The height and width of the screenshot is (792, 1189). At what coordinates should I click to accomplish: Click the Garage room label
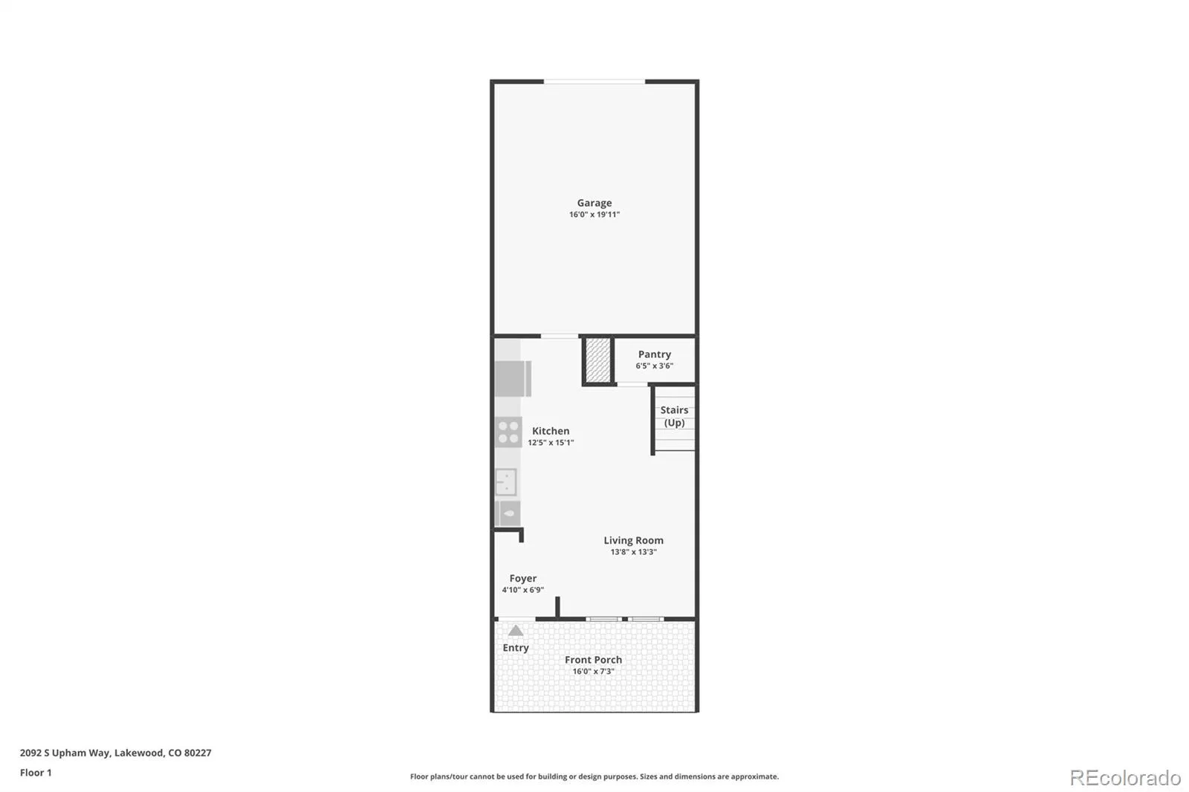click(x=594, y=203)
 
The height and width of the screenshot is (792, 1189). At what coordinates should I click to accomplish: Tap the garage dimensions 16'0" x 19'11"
click(x=594, y=215)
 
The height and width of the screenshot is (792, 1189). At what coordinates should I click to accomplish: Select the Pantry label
click(x=654, y=354)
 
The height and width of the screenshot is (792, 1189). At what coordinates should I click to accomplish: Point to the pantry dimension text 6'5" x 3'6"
click(x=654, y=366)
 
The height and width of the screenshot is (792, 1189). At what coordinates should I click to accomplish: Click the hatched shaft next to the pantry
click(x=598, y=360)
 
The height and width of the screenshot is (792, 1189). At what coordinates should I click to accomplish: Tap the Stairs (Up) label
click(x=674, y=416)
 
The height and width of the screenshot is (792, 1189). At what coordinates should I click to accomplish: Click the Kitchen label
click(x=551, y=431)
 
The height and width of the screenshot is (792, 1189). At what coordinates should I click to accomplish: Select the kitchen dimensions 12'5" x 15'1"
click(x=551, y=443)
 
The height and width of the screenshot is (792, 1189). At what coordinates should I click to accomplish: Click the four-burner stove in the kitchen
click(x=508, y=432)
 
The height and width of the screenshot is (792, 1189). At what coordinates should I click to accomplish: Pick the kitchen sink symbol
click(x=506, y=482)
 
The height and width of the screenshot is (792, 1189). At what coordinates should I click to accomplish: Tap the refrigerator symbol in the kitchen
click(x=513, y=378)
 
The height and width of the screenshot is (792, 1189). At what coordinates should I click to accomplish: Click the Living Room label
click(x=633, y=540)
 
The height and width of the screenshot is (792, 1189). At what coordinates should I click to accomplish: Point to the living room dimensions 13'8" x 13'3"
click(x=633, y=552)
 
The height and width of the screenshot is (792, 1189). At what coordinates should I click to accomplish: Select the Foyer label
click(x=523, y=579)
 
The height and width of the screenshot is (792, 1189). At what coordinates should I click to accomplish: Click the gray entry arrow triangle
click(x=516, y=631)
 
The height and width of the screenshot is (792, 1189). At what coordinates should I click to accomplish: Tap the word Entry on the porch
click(x=516, y=648)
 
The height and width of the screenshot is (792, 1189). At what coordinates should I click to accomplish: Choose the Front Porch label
click(x=593, y=660)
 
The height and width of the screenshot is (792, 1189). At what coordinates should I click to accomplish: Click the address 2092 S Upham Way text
click(x=65, y=753)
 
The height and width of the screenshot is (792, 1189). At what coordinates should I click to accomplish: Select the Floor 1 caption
click(x=36, y=773)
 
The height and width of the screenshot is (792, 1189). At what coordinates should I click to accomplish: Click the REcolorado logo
click(x=1125, y=778)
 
